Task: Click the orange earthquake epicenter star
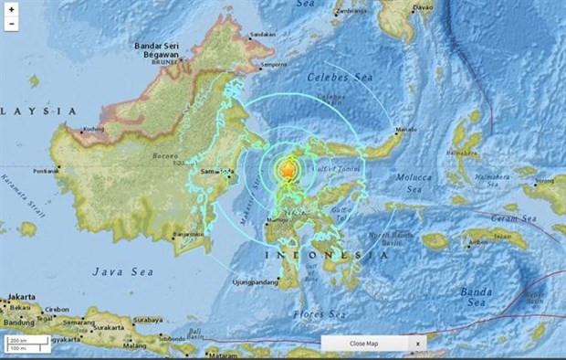pyautogui.click(x=288, y=170)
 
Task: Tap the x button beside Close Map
pyautogui.click(x=418, y=343)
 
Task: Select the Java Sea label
pyautogui.click(x=116, y=270)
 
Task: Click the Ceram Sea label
pyautogui.click(x=520, y=218)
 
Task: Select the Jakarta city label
pyautogui.click(x=20, y=297)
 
